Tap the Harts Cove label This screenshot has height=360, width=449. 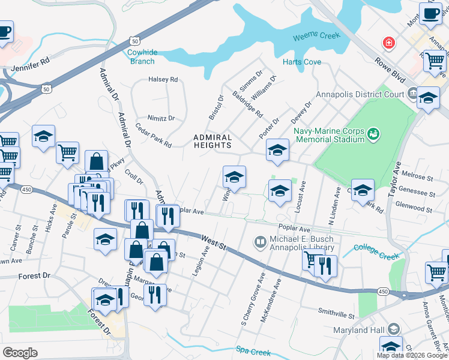click(302, 62)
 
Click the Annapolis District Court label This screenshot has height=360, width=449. click(364, 94)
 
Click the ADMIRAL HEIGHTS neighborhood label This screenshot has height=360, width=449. click(212, 141)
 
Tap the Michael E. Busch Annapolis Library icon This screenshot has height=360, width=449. click(261, 242)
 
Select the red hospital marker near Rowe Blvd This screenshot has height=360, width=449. click(389, 43)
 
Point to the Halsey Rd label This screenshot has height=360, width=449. click(163, 79)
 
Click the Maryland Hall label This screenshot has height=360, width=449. click(359, 330)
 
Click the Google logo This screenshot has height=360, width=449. click(20, 353)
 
